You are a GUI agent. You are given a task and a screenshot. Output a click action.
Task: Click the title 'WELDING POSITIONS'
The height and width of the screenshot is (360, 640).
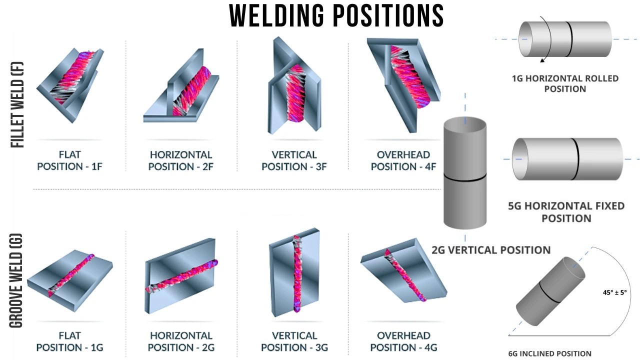coord(336,16)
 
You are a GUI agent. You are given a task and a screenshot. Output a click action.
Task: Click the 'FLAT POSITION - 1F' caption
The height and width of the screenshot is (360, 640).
coord(69,160)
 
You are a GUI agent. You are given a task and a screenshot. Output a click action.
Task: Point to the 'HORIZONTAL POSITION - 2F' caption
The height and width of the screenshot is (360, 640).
coord(180,160)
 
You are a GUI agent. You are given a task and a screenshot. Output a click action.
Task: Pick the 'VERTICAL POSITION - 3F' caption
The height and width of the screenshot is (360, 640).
coord(294,160)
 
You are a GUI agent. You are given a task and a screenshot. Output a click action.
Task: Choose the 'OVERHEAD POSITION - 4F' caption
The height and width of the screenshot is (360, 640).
coord(403,160)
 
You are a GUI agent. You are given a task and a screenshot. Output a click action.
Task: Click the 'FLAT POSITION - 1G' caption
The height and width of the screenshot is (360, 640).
coord(69,341)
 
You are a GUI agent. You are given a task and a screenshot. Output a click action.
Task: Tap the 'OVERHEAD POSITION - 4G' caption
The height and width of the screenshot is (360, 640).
coord(403,341)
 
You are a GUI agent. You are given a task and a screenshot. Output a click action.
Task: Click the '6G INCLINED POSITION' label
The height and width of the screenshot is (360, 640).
coord(549,353)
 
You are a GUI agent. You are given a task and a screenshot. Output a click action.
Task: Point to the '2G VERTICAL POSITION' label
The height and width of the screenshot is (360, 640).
coord(491,250)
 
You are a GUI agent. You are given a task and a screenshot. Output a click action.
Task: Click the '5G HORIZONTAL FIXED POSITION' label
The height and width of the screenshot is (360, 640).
coord(566,212)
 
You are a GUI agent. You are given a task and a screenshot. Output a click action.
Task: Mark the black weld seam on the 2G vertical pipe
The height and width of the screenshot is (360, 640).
coord(465,177)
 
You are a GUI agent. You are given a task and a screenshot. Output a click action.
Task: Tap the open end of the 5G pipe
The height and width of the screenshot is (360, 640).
coord(521,159)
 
